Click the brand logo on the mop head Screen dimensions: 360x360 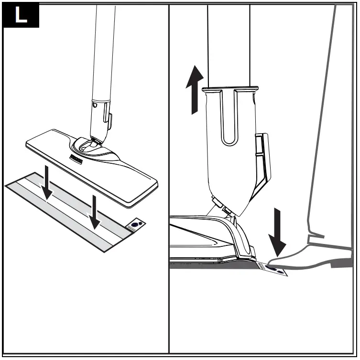click(x=76, y=158)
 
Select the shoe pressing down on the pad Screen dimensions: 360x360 click(x=311, y=253)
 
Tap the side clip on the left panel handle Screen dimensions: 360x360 click(x=109, y=121)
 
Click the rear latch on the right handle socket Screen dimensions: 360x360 click(x=262, y=158)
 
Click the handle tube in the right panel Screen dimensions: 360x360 click(x=228, y=43)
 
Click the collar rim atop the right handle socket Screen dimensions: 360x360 click(x=230, y=89)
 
